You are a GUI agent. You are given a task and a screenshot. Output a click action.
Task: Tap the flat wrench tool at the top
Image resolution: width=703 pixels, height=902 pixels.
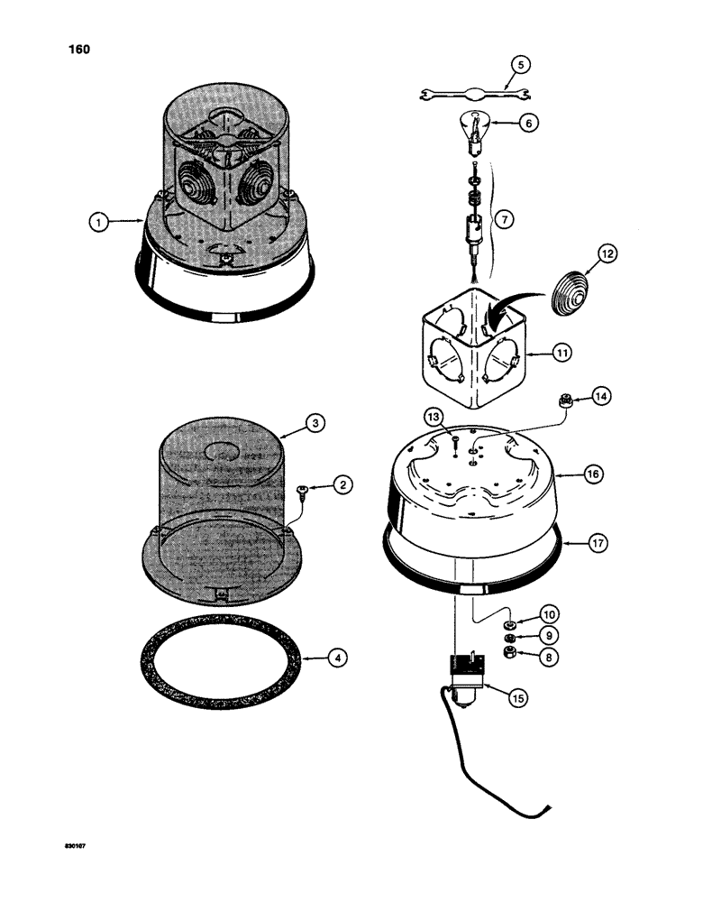(468, 92)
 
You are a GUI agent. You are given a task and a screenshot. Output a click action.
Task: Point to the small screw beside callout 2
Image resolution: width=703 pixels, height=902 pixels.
(302, 489)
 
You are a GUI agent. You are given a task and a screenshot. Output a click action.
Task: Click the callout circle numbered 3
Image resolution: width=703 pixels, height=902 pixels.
(315, 421)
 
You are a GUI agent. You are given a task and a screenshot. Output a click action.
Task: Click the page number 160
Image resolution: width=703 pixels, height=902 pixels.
(78, 50)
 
